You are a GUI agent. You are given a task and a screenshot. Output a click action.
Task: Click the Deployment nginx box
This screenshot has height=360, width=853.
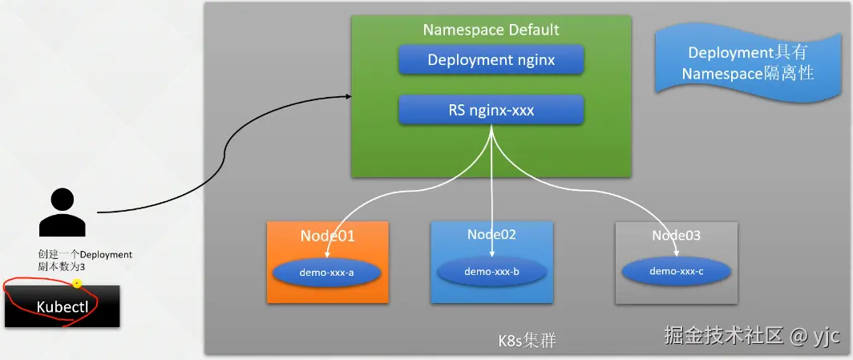[x=491, y=60]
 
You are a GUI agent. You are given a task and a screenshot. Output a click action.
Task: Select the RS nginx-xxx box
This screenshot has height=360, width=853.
[x=491, y=111]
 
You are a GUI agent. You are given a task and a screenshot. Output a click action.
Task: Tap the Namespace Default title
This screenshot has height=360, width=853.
[x=491, y=30]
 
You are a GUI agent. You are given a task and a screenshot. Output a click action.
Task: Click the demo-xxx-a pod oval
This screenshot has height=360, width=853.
[x=327, y=273]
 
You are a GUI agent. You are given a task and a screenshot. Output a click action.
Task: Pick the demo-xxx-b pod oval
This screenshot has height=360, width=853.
[x=491, y=271]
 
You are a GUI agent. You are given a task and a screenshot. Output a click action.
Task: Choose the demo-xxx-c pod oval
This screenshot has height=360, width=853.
[x=676, y=271]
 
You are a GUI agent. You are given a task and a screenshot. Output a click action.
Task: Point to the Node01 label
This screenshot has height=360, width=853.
[x=327, y=236]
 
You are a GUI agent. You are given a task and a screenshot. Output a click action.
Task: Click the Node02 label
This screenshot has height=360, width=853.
[x=491, y=234]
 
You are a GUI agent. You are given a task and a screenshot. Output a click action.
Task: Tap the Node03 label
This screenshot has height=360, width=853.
[x=676, y=235]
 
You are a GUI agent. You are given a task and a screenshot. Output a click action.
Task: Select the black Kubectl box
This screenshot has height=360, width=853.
[x=63, y=306]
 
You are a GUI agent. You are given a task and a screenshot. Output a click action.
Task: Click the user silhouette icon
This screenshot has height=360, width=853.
[x=62, y=212]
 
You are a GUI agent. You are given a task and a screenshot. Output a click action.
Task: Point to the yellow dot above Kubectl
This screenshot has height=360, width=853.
[x=77, y=284]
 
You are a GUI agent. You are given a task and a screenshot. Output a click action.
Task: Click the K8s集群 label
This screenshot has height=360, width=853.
[x=528, y=340]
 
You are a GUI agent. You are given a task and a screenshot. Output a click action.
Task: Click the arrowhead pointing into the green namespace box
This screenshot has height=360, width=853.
[x=348, y=97]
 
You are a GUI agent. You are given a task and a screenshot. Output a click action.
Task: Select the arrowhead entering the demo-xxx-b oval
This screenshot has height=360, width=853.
[x=491, y=253]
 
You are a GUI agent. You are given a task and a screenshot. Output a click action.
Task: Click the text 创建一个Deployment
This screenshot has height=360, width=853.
[x=85, y=254]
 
